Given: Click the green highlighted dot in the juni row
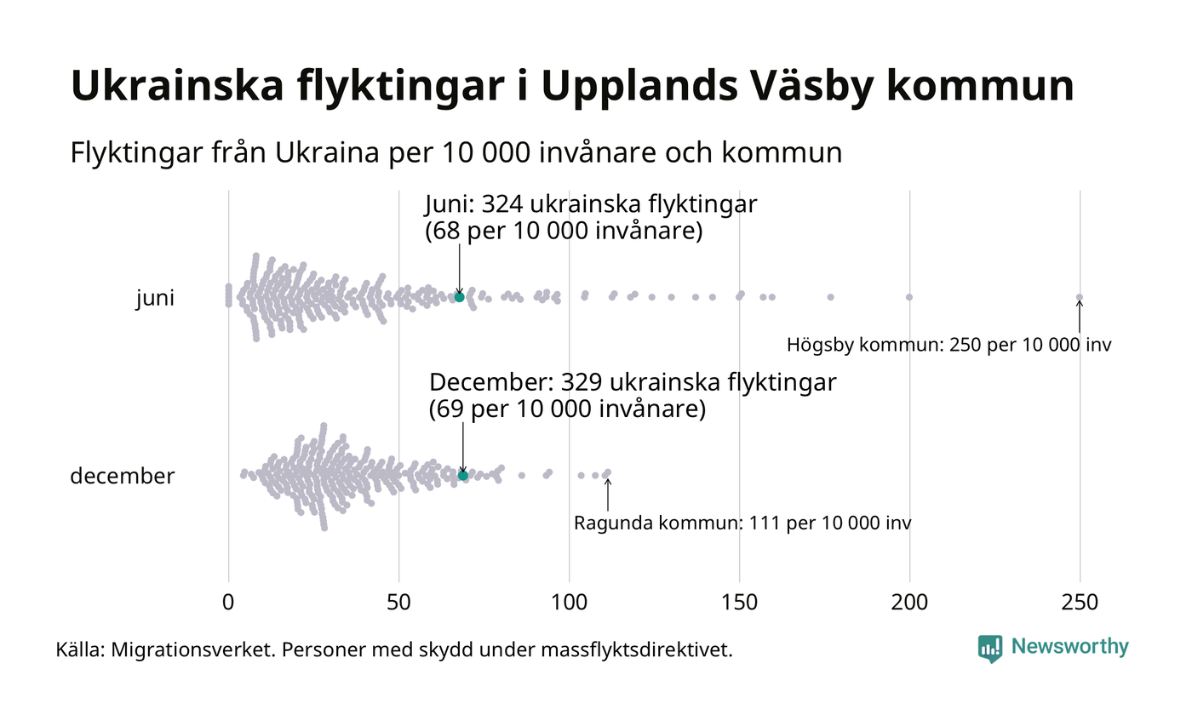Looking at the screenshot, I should (x=459, y=296).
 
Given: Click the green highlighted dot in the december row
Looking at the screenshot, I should (x=463, y=475).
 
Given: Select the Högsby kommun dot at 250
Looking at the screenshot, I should (x=1080, y=297).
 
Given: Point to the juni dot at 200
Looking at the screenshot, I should (x=909, y=297).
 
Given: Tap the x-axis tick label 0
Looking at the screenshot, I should (x=228, y=602).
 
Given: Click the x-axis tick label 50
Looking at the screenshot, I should (x=398, y=602).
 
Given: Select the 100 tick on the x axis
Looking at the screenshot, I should (x=569, y=602).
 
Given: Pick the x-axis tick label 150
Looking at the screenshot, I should (x=739, y=602).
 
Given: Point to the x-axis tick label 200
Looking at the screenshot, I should (x=909, y=602).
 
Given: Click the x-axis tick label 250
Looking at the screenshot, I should (x=1080, y=602).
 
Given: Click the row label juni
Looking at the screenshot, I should (x=155, y=299).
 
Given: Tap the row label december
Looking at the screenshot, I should (x=122, y=476).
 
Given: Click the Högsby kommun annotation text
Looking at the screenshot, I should (x=948, y=346).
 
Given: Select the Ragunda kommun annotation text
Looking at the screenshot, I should (x=742, y=523).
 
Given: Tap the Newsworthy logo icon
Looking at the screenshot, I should (x=990, y=649).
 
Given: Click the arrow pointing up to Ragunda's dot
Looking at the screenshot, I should (x=607, y=494).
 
